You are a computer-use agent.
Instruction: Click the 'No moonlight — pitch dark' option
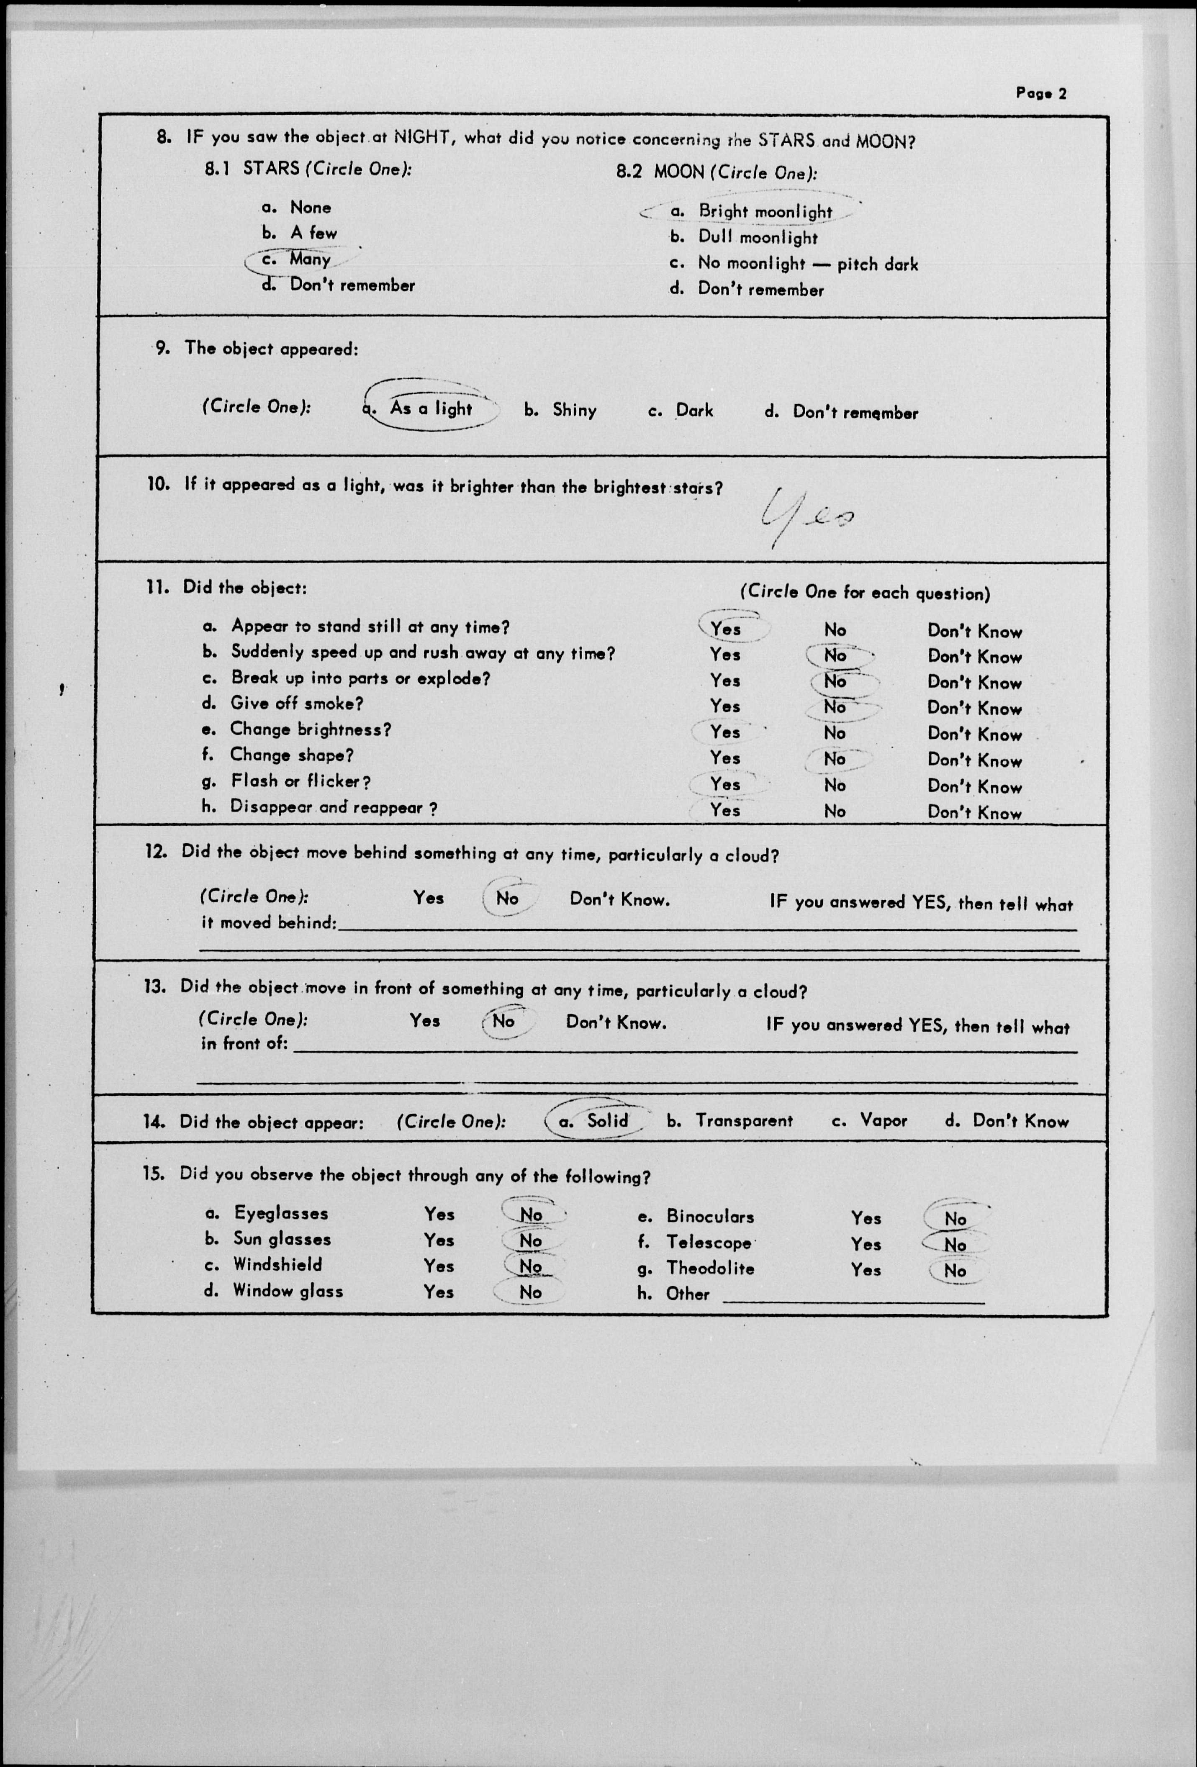coord(808,264)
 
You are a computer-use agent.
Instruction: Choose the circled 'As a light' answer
coord(430,408)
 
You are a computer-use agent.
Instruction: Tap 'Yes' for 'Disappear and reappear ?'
coord(725,811)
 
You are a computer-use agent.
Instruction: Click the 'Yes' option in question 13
coord(424,1020)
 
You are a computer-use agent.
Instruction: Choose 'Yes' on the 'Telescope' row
coord(866,1244)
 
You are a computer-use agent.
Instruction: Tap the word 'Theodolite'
coord(710,1268)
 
